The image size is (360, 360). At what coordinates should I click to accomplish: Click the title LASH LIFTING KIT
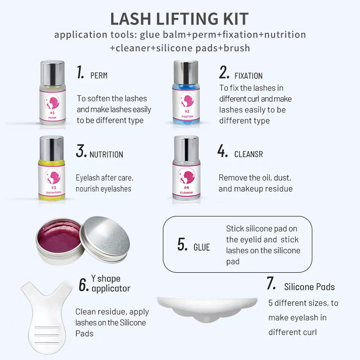tap(179, 19)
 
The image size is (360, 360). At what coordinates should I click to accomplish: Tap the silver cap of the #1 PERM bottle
tap(52, 73)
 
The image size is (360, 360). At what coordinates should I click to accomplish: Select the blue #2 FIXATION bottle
tap(186, 92)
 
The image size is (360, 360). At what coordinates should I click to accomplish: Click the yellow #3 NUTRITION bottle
tap(52, 168)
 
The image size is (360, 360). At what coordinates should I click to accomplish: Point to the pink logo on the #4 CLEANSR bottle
tap(186, 176)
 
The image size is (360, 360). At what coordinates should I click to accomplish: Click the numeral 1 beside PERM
tap(80, 72)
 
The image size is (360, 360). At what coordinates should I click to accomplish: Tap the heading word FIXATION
tap(248, 76)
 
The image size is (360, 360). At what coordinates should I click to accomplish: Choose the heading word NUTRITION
tap(106, 154)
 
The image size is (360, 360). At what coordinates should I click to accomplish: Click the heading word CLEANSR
tap(248, 154)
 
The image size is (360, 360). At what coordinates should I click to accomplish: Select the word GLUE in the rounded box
tap(202, 247)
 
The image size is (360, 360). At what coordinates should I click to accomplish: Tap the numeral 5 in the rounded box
tap(182, 244)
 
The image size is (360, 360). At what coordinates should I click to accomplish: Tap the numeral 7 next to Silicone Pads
tap(271, 283)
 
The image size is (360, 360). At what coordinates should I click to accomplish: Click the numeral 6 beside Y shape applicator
tap(84, 285)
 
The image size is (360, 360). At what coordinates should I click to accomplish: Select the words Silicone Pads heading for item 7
tap(309, 287)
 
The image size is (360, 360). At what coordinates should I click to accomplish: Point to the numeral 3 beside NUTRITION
tap(81, 151)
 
